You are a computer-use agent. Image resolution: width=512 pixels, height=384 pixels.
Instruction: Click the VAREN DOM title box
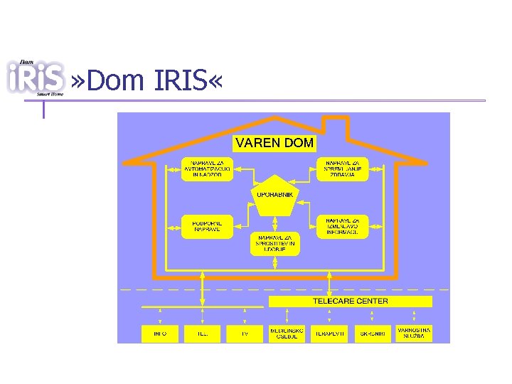pyautogui.click(x=274, y=143)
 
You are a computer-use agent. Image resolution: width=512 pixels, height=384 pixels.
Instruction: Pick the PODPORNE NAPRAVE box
pyautogui.click(x=207, y=226)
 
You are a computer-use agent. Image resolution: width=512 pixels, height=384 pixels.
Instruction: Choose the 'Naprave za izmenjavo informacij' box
pyautogui.click(x=343, y=226)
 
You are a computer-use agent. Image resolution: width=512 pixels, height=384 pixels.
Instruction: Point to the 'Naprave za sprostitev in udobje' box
pyautogui.click(x=275, y=244)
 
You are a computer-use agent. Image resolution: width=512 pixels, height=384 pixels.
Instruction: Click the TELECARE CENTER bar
pyautogui.click(x=350, y=302)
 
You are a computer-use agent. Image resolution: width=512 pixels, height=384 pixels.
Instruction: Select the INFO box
pyautogui.click(x=160, y=333)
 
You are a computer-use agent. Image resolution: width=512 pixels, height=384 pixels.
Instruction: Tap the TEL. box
pyautogui.click(x=202, y=333)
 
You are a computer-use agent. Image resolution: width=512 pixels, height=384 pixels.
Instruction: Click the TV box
pyautogui.click(x=244, y=333)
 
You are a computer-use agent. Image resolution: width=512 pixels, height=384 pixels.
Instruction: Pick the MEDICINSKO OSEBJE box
pyautogui.click(x=287, y=333)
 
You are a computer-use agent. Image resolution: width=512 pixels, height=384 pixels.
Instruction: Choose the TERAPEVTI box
pyautogui.click(x=330, y=333)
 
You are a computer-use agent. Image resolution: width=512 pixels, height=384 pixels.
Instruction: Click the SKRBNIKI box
pyautogui.click(x=372, y=333)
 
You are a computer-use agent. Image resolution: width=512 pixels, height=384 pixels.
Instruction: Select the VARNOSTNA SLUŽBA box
pyautogui.click(x=414, y=333)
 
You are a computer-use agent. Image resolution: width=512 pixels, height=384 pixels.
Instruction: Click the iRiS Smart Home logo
pyautogui.click(x=36, y=77)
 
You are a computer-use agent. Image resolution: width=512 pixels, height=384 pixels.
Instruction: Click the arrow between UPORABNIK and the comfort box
pyautogui.click(x=275, y=223)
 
